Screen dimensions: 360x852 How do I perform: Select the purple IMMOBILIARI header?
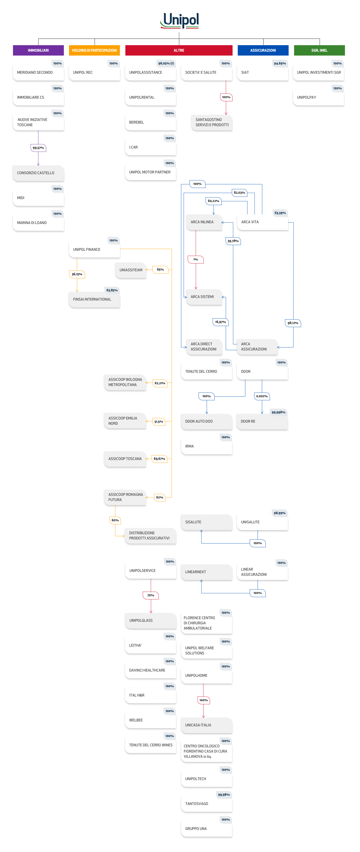coord(38,50)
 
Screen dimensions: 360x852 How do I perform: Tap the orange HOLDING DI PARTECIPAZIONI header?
coord(95,50)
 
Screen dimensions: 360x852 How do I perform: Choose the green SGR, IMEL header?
coord(319,50)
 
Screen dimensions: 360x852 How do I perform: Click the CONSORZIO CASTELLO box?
coord(38,173)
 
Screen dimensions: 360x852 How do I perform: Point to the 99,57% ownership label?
coord(38,148)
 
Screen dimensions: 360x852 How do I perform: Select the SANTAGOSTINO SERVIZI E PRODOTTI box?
coord(212,122)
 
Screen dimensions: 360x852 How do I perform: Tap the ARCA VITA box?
coord(263,222)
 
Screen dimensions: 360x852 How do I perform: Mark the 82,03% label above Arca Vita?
coord(239,192)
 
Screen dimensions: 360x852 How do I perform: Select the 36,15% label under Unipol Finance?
coord(77,274)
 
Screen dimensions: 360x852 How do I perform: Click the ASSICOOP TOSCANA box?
coord(125,459)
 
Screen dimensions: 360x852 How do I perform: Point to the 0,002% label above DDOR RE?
coord(262,396)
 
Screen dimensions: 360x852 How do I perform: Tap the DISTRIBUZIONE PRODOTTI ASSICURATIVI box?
coord(150,535)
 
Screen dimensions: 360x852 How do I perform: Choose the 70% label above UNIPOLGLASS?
coord(151,595)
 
